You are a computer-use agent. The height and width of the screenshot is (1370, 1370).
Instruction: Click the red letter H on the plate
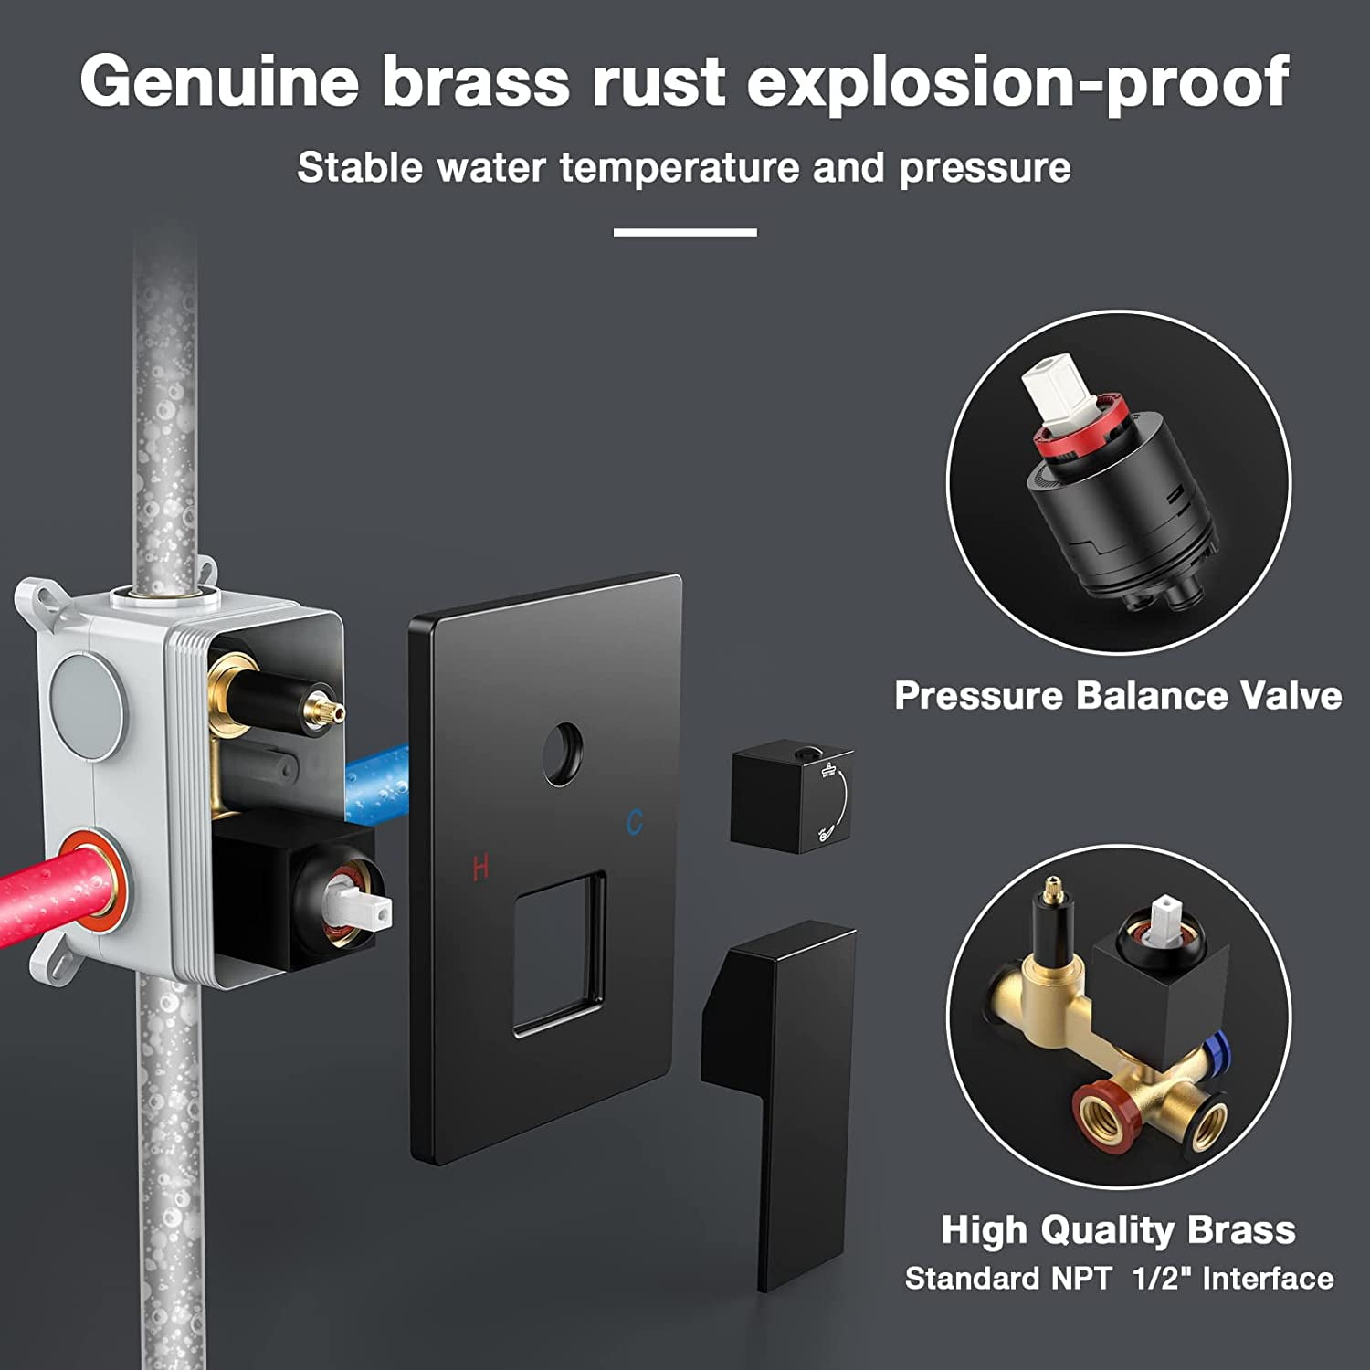click(x=480, y=866)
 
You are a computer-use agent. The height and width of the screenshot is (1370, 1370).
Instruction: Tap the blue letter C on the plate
click(x=635, y=822)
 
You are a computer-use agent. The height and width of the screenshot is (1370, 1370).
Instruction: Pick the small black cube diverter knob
click(x=790, y=799)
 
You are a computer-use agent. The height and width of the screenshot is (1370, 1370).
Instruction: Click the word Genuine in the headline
click(x=219, y=82)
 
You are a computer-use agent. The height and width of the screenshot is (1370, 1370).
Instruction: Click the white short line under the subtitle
click(x=685, y=233)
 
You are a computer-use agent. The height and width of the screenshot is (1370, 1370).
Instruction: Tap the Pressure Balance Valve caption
click(x=1118, y=696)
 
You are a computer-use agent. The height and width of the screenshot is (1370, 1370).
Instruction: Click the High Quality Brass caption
click(x=1118, y=1229)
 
